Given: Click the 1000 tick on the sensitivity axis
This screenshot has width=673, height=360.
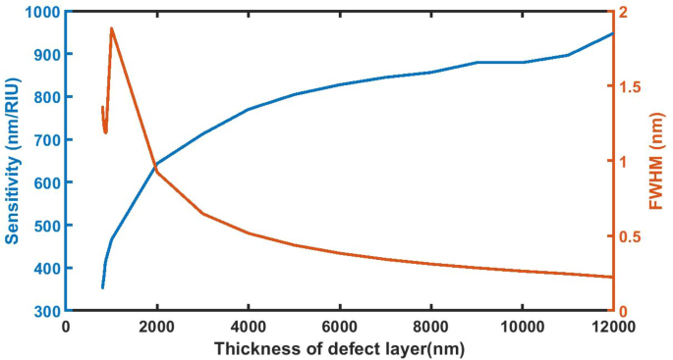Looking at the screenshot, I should pyautogui.click(x=42, y=12).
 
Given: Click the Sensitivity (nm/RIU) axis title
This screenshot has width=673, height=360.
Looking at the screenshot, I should pyautogui.click(x=13, y=162).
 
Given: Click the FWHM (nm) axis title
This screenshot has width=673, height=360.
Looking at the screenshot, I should pyautogui.click(x=656, y=162).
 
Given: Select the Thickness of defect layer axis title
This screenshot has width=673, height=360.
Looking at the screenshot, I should pyautogui.click(x=339, y=346).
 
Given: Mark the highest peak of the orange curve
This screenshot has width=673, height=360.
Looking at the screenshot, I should pyautogui.click(x=111, y=28).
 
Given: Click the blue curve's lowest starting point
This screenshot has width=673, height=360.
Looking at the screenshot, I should pyautogui.click(x=102, y=287).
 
